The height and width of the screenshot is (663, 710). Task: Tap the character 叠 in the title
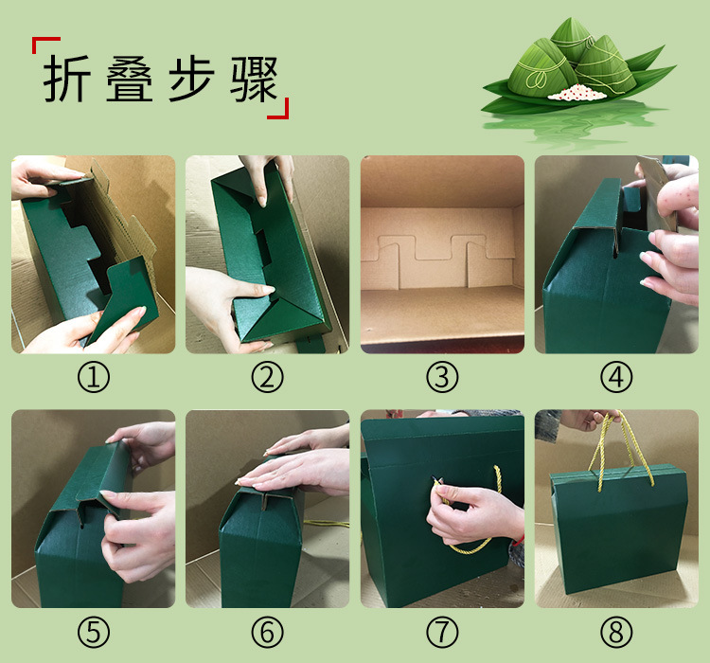(x=129, y=79)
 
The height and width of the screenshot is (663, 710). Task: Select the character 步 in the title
(x=191, y=79)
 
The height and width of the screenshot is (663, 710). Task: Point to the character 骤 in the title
(x=254, y=79)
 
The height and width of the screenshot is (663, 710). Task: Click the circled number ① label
(x=94, y=377)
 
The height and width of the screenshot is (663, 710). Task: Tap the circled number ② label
(x=268, y=377)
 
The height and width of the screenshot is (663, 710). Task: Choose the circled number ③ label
(x=442, y=377)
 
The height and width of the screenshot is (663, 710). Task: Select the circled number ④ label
(x=616, y=377)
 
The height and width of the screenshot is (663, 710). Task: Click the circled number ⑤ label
(x=94, y=632)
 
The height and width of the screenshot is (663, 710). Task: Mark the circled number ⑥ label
(x=268, y=632)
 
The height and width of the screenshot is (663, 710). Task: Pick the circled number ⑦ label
(x=442, y=632)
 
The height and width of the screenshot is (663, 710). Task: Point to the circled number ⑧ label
(x=616, y=632)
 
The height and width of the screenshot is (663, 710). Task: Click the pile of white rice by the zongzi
(x=577, y=92)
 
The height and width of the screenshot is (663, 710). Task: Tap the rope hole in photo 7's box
(x=434, y=479)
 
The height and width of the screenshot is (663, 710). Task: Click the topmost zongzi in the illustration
(x=572, y=40)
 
